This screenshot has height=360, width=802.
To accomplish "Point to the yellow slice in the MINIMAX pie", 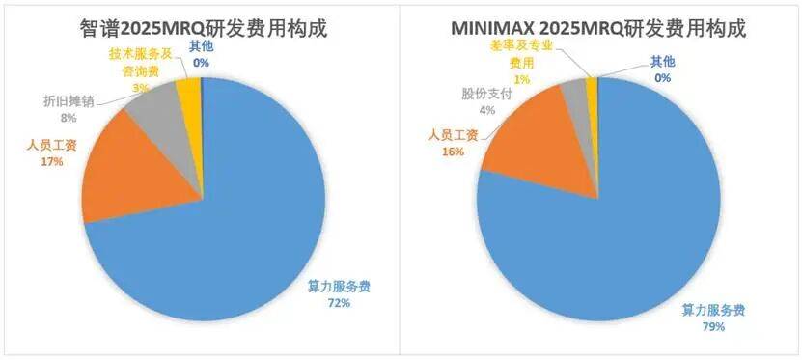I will point(592,86).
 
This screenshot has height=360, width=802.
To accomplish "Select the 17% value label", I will point(51,162).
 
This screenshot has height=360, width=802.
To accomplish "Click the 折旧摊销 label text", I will point(69,101).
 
